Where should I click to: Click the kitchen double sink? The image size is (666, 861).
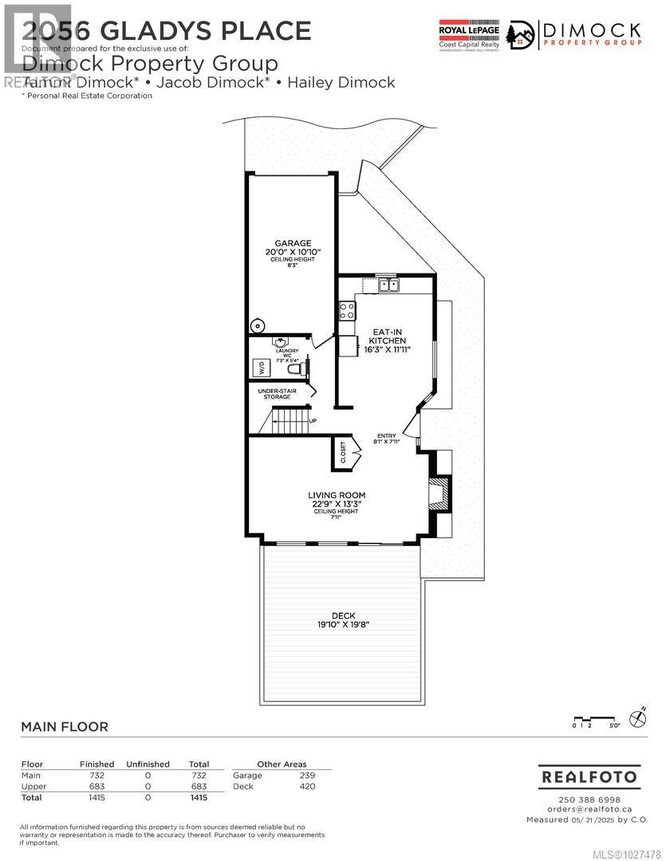(x=389, y=285)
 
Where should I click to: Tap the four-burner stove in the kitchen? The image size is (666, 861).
(x=348, y=310)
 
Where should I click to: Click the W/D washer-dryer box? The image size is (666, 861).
(x=262, y=368)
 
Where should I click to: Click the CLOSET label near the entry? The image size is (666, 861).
(x=344, y=453)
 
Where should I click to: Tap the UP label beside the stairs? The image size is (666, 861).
(x=313, y=421)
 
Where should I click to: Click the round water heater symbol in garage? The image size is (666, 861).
(x=257, y=325)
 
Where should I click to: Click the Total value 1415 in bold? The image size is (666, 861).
(x=198, y=796)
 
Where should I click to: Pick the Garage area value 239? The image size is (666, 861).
(x=307, y=775)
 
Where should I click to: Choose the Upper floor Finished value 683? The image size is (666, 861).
(x=97, y=786)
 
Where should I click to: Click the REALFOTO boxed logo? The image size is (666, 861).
(x=589, y=776)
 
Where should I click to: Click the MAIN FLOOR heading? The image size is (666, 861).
(x=64, y=726)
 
